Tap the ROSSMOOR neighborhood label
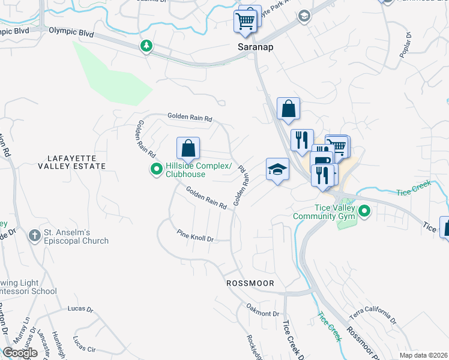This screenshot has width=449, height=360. click(250, 283)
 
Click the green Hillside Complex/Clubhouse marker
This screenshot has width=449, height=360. click(157, 170)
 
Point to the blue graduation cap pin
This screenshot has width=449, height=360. click(277, 169)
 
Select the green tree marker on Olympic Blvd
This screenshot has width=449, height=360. click(146, 46)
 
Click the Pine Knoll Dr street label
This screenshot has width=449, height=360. click(194, 235)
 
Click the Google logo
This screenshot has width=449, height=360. click(20, 353)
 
